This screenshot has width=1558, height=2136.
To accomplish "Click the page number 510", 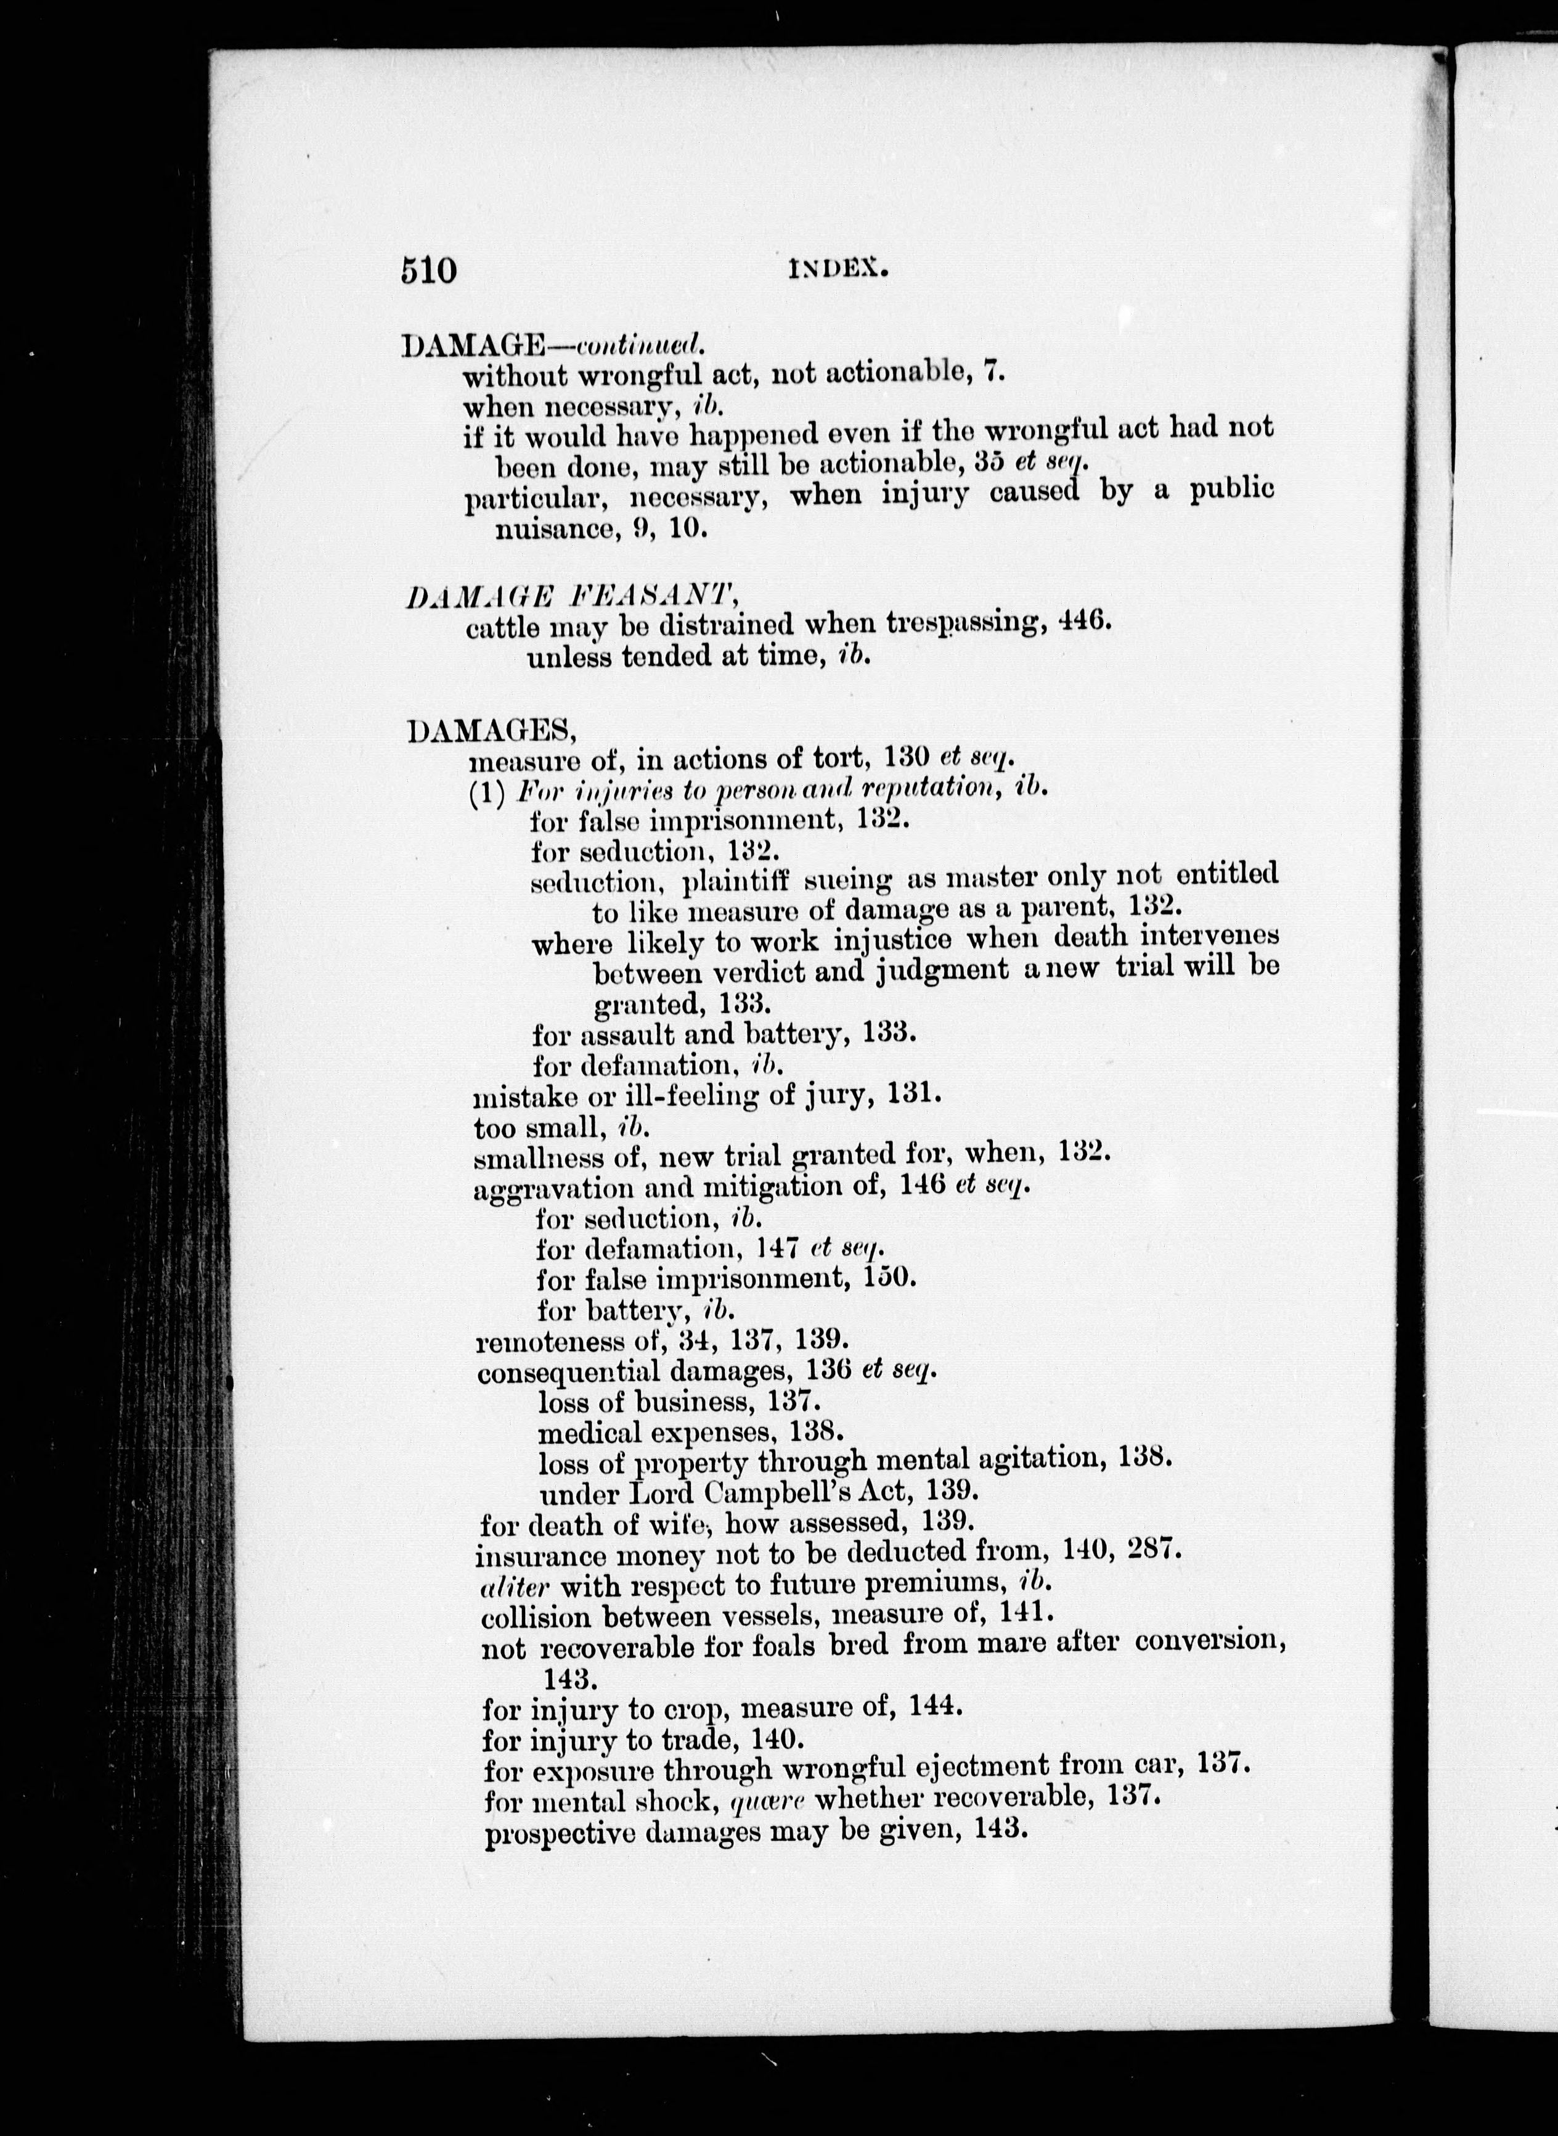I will [x=428, y=270].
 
